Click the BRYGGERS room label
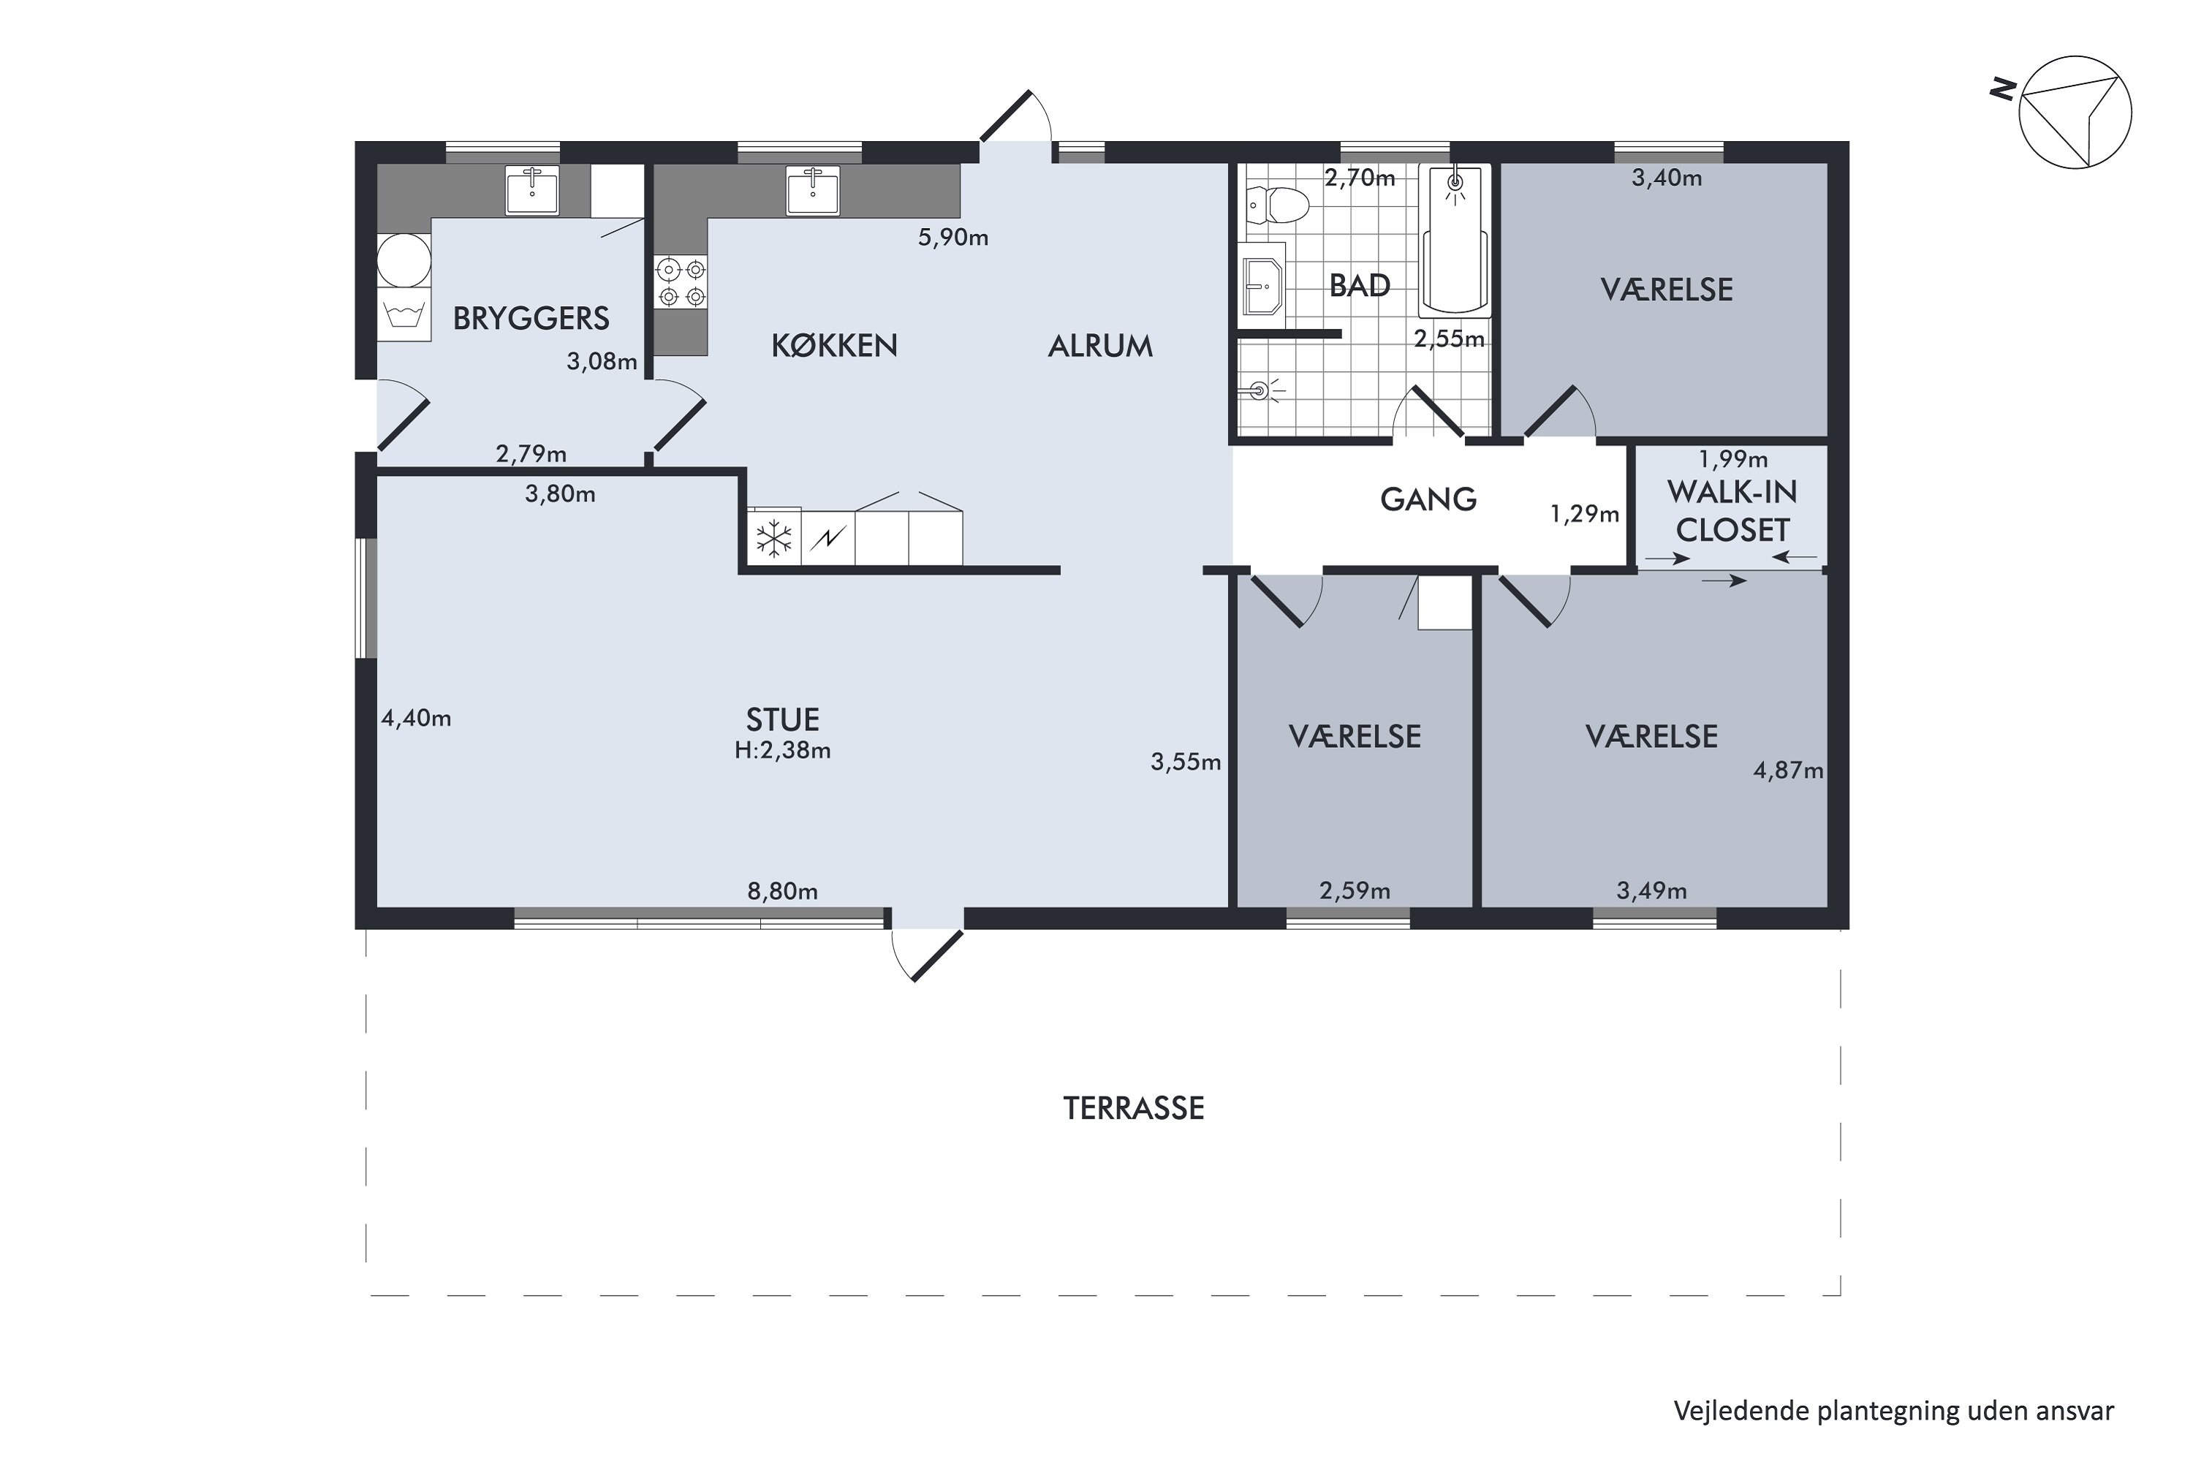pos(531,319)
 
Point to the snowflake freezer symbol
pos(774,538)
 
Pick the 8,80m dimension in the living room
pos(782,891)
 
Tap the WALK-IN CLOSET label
pos(1732,511)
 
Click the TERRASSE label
pos(1134,1107)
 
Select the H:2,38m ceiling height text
pos(782,751)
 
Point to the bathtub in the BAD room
pos(1455,240)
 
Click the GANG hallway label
pos(1428,500)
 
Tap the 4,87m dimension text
pos(1788,771)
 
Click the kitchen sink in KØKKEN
pos(812,191)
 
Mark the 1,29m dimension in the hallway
pos(1585,514)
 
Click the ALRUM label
pos(1100,346)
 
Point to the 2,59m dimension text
pos(1355,891)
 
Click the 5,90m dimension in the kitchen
pos(953,238)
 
